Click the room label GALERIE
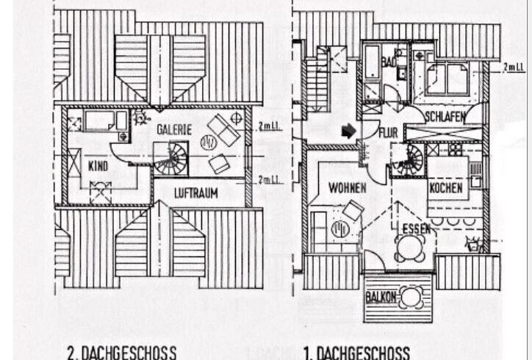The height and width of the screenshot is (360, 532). (x=173, y=130)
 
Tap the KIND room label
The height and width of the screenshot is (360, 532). (x=98, y=167)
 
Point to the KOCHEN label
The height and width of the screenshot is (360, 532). (x=446, y=188)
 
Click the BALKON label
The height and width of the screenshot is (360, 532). (x=381, y=298)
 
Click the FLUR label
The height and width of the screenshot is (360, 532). (x=388, y=133)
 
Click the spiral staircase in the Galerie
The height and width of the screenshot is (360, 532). (x=171, y=159)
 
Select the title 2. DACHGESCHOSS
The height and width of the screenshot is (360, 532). (x=122, y=352)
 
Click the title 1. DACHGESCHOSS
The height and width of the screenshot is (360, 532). (x=357, y=352)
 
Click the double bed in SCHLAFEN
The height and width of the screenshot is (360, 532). (x=447, y=79)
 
